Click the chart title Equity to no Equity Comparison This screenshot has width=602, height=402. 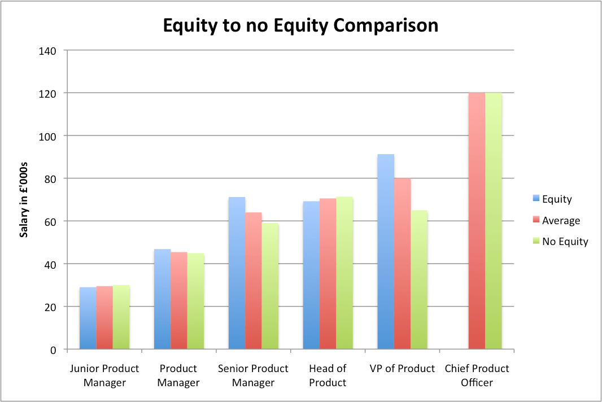300,25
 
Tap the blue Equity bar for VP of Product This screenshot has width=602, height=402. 386,252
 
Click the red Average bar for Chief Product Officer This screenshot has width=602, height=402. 477,221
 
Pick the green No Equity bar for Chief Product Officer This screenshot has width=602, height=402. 494,221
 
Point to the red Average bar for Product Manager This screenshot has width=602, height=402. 179,300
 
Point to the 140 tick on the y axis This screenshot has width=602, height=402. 48,51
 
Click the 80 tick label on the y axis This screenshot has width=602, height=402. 50,178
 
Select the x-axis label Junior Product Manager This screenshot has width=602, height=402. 104,375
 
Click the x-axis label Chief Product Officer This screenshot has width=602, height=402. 477,375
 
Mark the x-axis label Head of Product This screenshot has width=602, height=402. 328,375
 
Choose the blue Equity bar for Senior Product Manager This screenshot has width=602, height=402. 237,273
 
